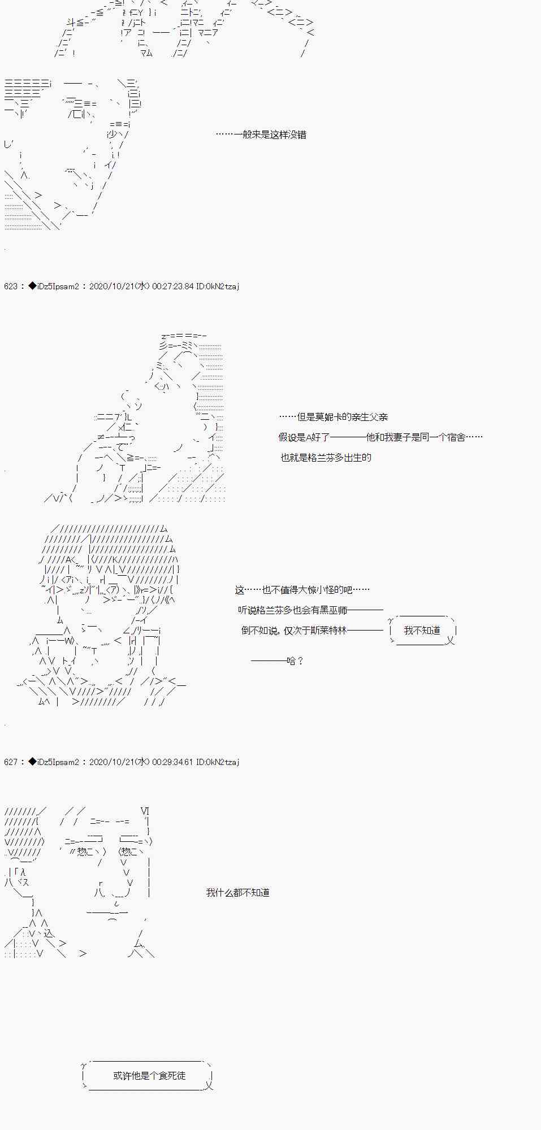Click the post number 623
(10, 286)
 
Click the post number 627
(10, 762)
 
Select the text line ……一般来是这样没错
(261, 135)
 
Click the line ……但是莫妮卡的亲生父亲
(333, 418)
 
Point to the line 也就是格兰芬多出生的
(326, 458)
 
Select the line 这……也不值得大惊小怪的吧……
(302, 590)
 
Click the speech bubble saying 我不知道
(422, 631)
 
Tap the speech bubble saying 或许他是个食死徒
(149, 1076)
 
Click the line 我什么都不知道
(237, 893)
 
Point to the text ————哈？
(277, 661)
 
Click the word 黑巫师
(334, 611)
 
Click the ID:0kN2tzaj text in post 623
(218, 286)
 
